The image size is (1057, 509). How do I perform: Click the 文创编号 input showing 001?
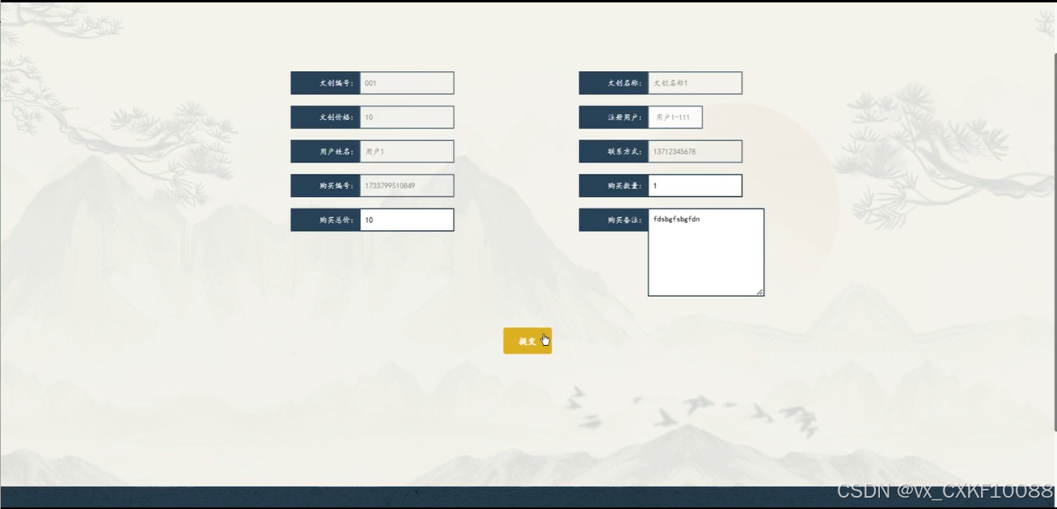click(x=406, y=83)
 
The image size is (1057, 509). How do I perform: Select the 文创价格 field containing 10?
click(x=406, y=117)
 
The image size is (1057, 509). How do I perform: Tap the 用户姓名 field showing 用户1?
click(x=406, y=151)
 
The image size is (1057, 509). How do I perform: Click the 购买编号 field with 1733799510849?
click(x=406, y=186)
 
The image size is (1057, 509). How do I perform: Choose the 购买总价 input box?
click(x=406, y=220)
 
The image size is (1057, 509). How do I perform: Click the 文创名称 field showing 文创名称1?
click(x=695, y=83)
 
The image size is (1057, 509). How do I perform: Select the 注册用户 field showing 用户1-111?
click(x=674, y=117)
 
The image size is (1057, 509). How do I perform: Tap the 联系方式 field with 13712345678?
click(x=695, y=151)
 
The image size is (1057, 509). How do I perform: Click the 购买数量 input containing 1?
click(x=695, y=186)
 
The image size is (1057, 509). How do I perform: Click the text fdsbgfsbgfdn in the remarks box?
click(x=676, y=219)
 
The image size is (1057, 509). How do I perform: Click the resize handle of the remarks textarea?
click(x=760, y=292)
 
